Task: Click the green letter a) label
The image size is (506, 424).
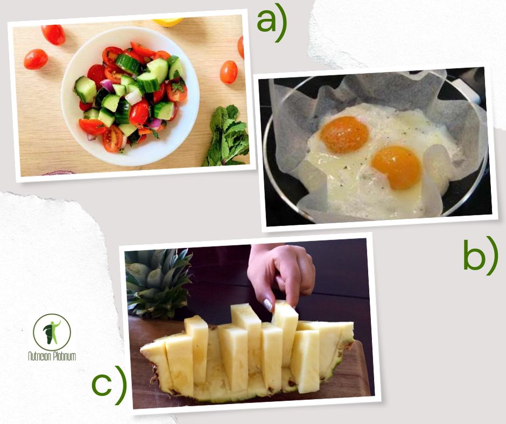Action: pos(272,25)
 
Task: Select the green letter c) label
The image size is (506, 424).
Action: pos(109,385)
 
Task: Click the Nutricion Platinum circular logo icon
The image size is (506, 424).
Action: pos(52,333)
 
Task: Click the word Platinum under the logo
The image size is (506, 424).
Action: pos(64,356)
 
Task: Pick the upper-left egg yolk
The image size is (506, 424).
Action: pos(344,135)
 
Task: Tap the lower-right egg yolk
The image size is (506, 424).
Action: pos(397,167)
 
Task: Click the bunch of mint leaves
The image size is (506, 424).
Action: pos(227,136)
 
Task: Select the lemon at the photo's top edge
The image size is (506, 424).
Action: pos(168,22)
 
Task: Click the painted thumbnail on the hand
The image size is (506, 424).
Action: pos(268,305)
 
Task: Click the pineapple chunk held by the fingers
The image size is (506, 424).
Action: pos(285,333)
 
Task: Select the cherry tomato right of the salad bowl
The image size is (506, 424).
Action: pos(229,72)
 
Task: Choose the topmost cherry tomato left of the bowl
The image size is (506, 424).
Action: pos(53,34)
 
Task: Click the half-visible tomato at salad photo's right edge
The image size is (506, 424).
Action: pos(241,47)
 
